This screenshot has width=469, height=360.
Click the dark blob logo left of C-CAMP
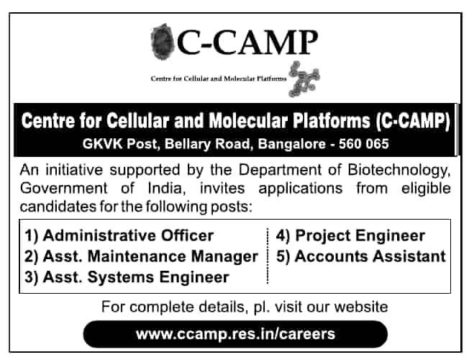(x=163, y=41)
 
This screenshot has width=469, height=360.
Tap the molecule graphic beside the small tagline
(x=304, y=79)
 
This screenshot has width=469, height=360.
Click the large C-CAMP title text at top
(x=247, y=42)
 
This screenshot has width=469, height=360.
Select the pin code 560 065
(x=364, y=144)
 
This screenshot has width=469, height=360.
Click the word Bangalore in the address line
(x=291, y=144)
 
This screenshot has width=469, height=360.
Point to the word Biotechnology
(x=399, y=170)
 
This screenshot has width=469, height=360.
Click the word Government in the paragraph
(x=63, y=189)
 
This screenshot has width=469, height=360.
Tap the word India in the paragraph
(x=165, y=189)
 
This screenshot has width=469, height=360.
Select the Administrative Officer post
(x=119, y=235)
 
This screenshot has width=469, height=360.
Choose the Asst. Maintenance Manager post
(x=141, y=256)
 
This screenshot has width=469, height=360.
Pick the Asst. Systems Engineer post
(x=127, y=277)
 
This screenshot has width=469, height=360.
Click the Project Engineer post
(x=350, y=235)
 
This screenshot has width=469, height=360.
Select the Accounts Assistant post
(x=361, y=256)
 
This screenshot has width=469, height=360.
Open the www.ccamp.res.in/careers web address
(x=235, y=334)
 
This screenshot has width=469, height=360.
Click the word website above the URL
(x=361, y=307)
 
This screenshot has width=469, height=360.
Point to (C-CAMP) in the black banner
(x=413, y=121)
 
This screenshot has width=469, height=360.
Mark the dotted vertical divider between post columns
(x=268, y=256)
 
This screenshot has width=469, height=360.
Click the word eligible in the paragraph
(x=426, y=189)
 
